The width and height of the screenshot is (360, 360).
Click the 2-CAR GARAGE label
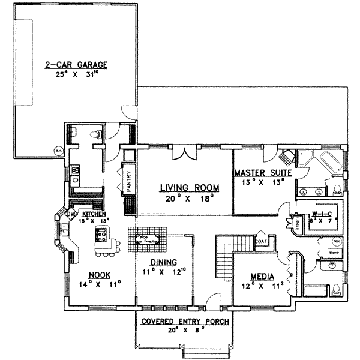pyautogui.click(x=74, y=64)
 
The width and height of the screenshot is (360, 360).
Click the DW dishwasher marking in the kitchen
pyautogui.click(x=70, y=214)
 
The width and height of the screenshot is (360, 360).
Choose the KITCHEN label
pyautogui.click(x=94, y=214)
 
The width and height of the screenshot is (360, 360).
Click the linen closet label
pyautogui.click(x=297, y=223)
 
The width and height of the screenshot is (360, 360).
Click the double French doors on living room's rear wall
pyautogui.click(x=184, y=155)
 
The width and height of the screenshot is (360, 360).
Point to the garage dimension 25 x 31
pyautogui.click(x=74, y=74)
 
